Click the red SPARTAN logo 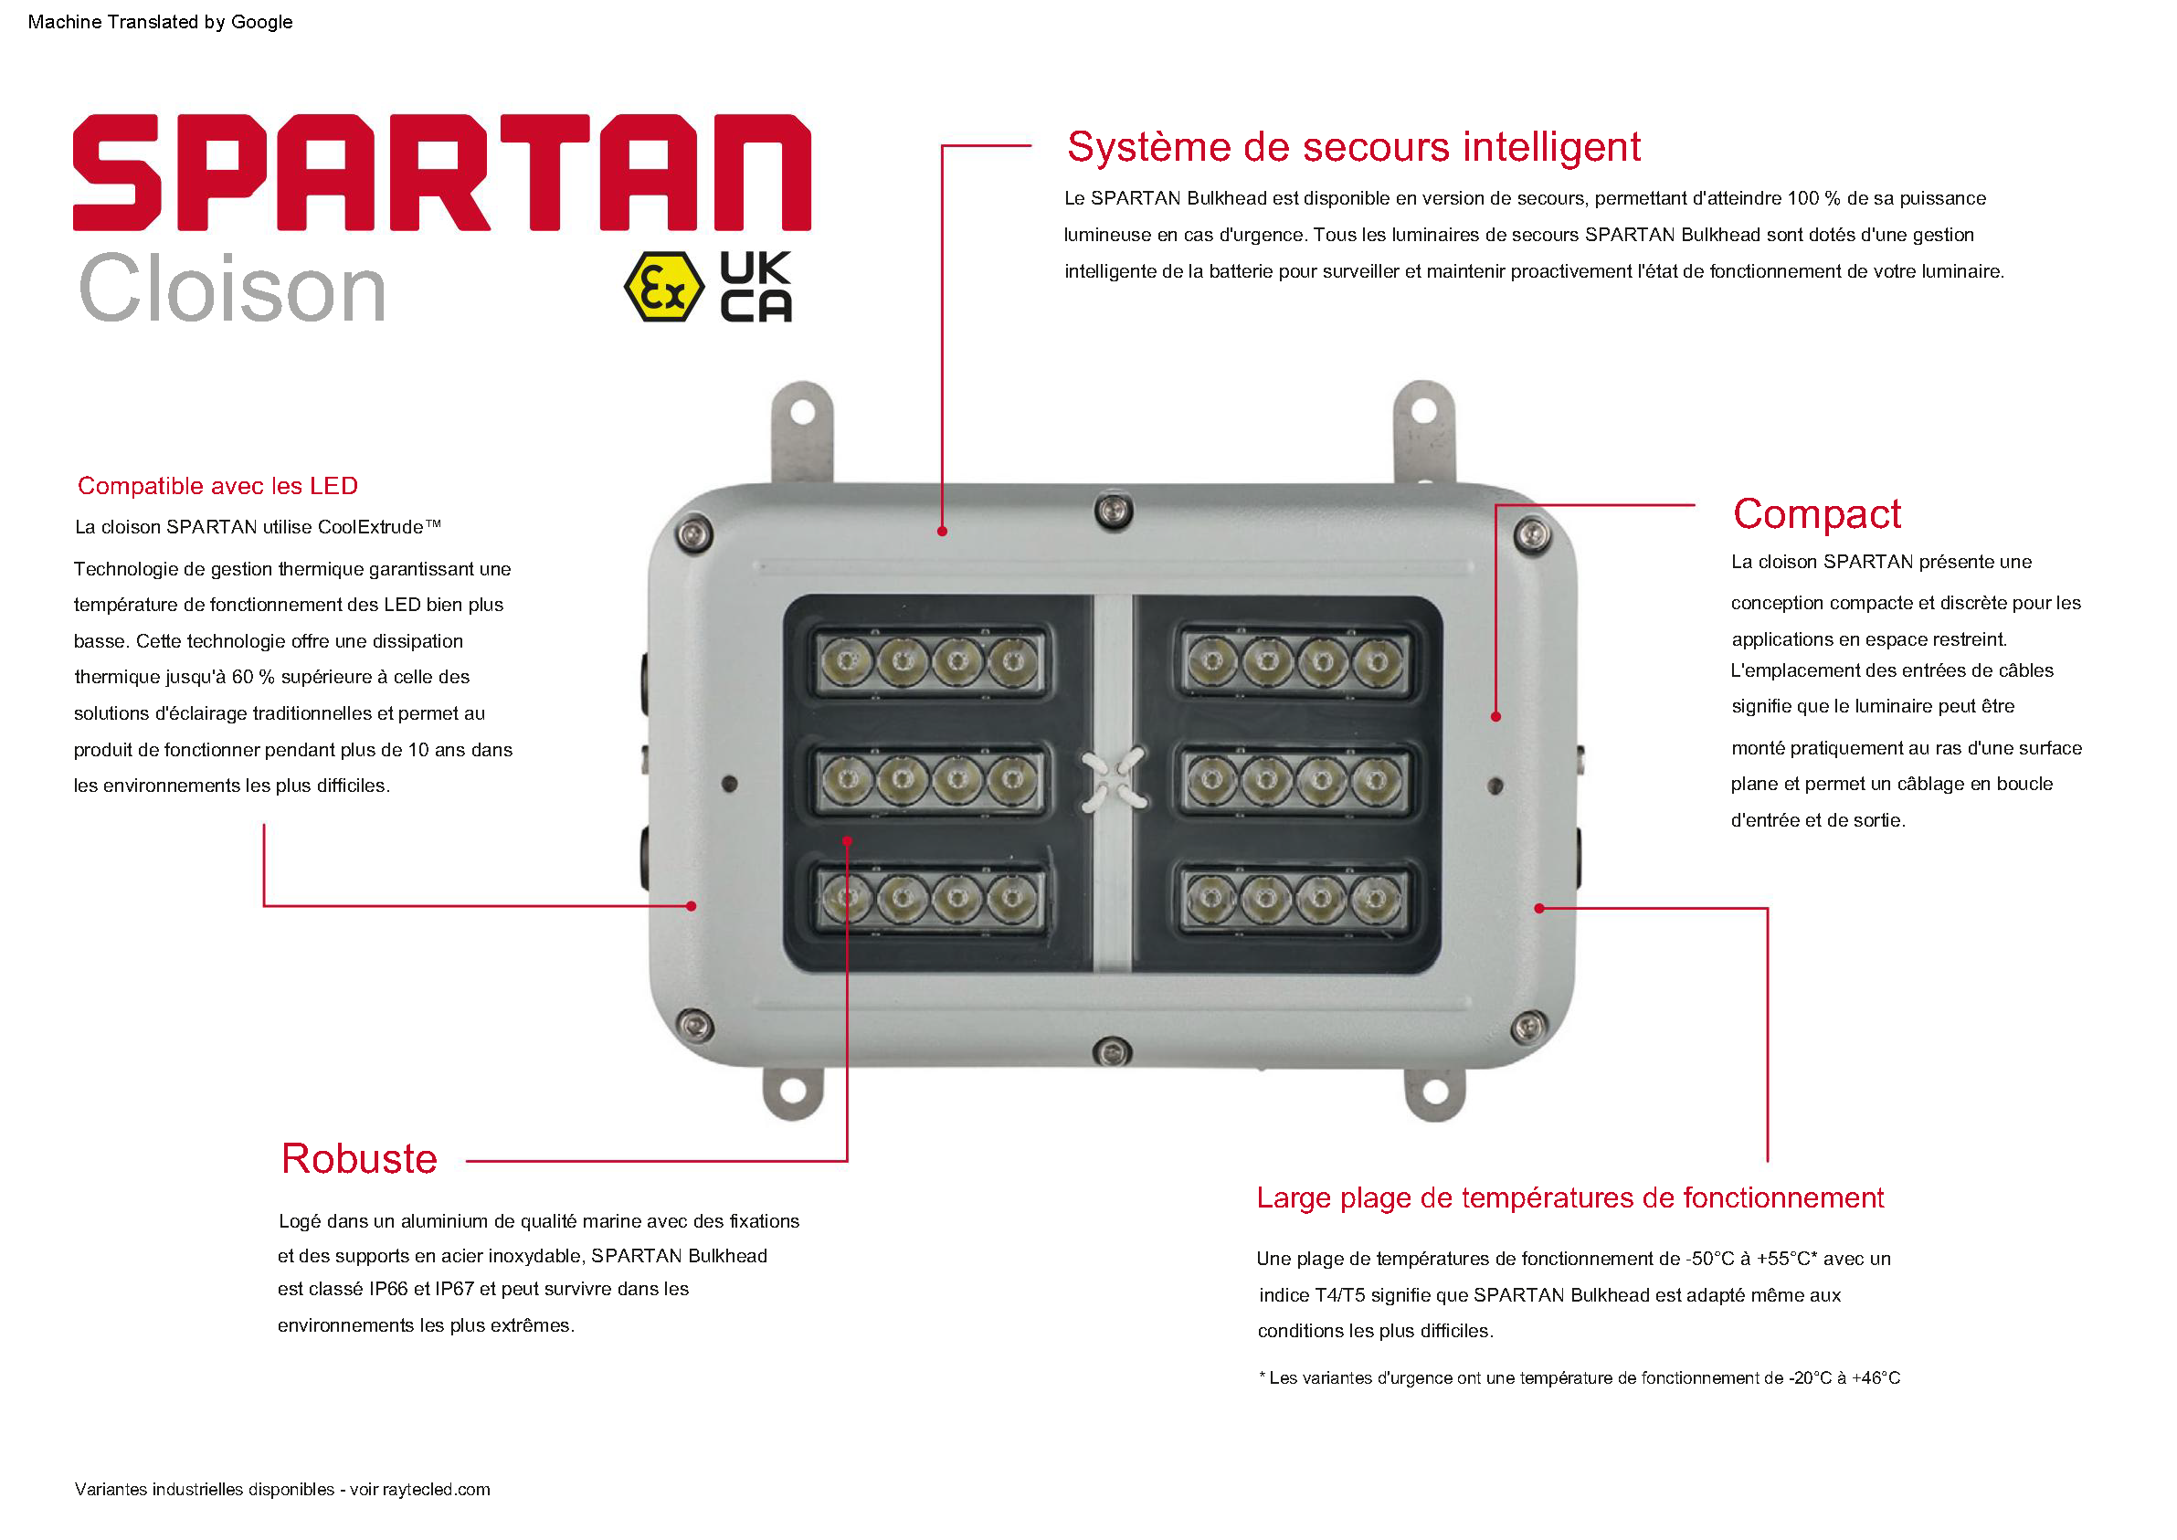click(x=442, y=173)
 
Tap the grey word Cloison click(x=232, y=289)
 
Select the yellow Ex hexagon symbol click(x=664, y=287)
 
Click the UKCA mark click(x=756, y=287)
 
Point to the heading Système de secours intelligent click(x=1353, y=147)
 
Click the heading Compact click(x=1817, y=514)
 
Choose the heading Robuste click(x=359, y=1159)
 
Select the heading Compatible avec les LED click(x=218, y=487)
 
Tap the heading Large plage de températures click(x=1570, y=1198)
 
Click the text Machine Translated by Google click(x=160, y=22)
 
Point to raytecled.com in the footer click(x=436, y=1490)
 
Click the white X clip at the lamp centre click(x=1115, y=780)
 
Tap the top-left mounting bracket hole click(x=802, y=413)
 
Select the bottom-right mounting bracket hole click(x=1435, y=1092)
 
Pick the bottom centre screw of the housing click(x=1111, y=1051)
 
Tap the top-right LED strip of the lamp click(x=1295, y=662)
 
